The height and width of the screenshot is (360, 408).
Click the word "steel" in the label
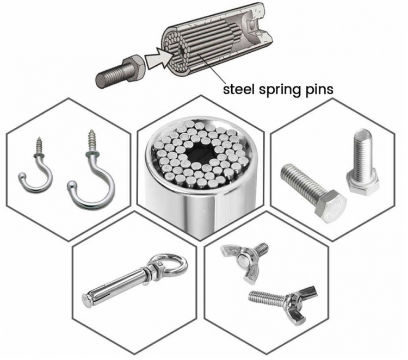[238, 89]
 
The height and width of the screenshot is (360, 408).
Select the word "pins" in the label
[317, 89]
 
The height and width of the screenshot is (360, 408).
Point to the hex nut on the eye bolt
[154, 271]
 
